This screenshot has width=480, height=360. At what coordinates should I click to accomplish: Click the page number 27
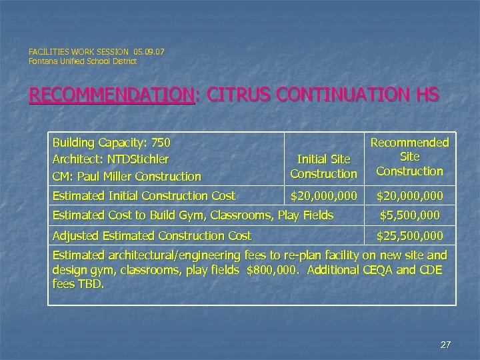(446, 345)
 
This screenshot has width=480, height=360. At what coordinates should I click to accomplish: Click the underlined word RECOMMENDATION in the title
(111, 96)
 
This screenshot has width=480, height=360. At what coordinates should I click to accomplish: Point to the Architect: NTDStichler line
(111, 159)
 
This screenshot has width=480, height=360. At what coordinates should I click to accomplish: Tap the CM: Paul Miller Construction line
(127, 177)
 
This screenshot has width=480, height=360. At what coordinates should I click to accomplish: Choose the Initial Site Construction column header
(323, 167)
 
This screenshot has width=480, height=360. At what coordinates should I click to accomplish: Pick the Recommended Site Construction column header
(409, 157)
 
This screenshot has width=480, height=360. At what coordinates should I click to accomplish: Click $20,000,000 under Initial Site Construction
(323, 196)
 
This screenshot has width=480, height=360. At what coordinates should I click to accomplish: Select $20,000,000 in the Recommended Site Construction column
(409, 196)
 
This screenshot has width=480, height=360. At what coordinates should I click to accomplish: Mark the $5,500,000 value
(409, 215)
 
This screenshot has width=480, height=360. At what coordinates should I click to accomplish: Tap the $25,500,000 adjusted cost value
(409, 235)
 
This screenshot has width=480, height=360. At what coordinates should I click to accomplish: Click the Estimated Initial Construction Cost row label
(143, 196)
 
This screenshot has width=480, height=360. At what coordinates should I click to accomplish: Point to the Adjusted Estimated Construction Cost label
(151, 235)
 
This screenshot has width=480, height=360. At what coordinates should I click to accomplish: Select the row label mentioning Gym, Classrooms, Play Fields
(193, 215)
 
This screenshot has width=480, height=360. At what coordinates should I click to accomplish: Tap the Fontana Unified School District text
(83, 61)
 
